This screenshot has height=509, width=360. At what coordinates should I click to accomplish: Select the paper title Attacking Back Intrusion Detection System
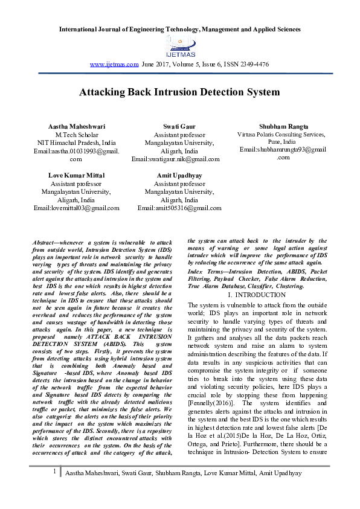pyautogui.click(x=179, y=92)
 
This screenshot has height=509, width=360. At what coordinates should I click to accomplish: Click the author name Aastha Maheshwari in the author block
pyautogui.click(x=77, y=126)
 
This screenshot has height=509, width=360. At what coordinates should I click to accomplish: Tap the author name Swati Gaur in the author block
pyautogui.click(x=175, y=126)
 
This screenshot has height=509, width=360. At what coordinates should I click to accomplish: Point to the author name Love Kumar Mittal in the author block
pyautogui.click(x=76, y=175)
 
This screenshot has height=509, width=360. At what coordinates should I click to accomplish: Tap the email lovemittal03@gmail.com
pyautogui.click(x=85, y=208)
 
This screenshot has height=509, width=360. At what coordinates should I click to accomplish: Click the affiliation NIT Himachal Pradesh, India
pyautogui.click(x=77, y=142)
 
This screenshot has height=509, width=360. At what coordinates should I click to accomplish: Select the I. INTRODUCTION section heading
pyautogui.click(x=257, y=295)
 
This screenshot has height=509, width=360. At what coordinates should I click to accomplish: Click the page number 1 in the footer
pyautogui.click(x=55, y=487)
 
